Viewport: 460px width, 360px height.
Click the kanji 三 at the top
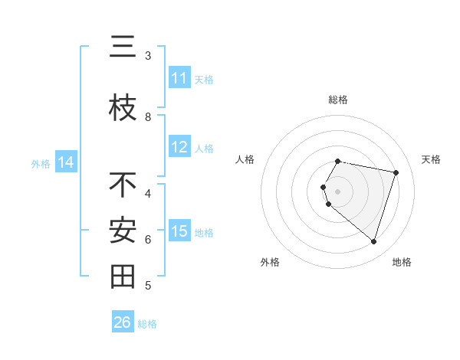123,49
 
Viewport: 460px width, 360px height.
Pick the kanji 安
123,231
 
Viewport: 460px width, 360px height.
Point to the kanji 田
123,277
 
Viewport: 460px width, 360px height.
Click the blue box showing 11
179,78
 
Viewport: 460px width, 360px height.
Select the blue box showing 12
179,147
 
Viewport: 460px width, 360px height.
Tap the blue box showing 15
179,231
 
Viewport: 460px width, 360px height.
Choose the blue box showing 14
65,162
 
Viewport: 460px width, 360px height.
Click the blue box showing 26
123,322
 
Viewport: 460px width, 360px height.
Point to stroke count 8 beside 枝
148,117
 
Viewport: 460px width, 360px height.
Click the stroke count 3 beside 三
148,56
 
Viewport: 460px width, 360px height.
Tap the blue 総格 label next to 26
147,324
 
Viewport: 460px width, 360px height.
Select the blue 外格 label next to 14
41,163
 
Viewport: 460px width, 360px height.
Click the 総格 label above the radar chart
338,100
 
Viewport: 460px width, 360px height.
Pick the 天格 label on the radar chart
431,159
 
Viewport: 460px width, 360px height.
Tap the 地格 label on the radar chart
402,262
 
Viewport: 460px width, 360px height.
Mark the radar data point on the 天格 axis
396,172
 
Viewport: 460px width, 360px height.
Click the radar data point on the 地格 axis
373,241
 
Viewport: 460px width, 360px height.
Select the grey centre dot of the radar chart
338,191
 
